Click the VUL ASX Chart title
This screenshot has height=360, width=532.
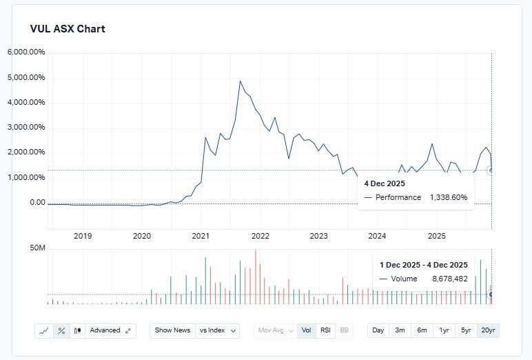tap(68, 29)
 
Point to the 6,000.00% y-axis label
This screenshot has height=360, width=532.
tap(26, 52)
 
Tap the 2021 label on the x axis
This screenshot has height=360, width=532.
tap(201, 236)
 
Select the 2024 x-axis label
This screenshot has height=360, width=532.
tap(377, 236)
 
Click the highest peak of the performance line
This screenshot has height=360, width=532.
tap(241, 81)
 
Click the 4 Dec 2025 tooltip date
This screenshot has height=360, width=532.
tap(385, 184)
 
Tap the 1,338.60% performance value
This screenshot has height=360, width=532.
tap(448, 197)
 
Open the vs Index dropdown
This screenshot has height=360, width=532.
tap(218, 330)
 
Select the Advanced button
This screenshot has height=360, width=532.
tap(110, 330)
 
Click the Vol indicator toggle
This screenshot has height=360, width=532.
tap(307, 330)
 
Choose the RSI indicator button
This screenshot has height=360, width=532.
tap(326, 330)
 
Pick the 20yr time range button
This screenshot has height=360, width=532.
tap(488, 330)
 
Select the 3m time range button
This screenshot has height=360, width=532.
tap(400, 330)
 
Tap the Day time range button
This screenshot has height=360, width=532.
tap(378, 330)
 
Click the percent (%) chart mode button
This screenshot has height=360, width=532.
tap(61, 330)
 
